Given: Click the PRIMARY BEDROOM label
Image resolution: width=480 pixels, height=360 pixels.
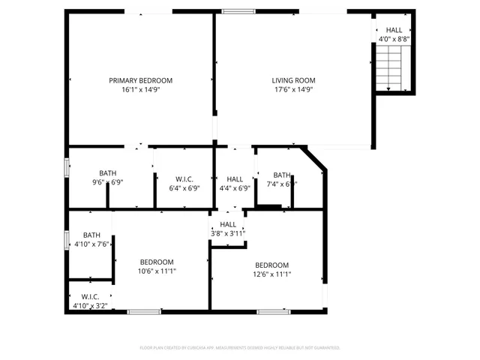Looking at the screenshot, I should (141, 80).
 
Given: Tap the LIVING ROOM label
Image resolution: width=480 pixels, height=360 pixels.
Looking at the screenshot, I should (293, 80).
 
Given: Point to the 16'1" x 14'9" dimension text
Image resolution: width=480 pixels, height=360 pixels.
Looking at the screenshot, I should (141, 89).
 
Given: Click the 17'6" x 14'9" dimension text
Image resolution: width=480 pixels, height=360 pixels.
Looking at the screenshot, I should (293, 89).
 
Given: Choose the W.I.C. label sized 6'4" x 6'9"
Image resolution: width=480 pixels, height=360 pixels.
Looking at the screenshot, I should (184, 179).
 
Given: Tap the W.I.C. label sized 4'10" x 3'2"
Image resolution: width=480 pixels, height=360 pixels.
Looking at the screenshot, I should (91, 297).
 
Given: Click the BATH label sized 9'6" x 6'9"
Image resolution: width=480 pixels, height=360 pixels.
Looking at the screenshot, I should (107, 173).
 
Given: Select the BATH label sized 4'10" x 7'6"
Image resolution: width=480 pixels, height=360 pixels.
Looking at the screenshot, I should (91, 235).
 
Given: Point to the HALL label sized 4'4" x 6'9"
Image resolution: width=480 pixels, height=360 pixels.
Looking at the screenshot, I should (235, 179).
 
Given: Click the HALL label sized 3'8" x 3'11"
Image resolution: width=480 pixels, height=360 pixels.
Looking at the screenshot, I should (228, 224).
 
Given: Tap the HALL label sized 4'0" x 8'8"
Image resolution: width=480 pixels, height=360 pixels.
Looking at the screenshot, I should (394, 30).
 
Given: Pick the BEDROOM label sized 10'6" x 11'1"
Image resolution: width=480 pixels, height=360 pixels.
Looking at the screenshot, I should (157, 262).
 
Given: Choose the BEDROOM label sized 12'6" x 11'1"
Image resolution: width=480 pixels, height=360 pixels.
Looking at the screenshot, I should (271, 265).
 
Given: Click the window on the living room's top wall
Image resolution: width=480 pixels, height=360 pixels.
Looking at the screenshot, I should (238, 11).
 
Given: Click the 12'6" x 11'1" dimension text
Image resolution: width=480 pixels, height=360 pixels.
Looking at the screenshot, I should (271, 274).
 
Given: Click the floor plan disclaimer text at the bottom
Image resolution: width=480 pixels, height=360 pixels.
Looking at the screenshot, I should (240, 348).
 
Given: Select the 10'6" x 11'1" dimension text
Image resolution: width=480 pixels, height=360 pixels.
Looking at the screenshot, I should (157, 271).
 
